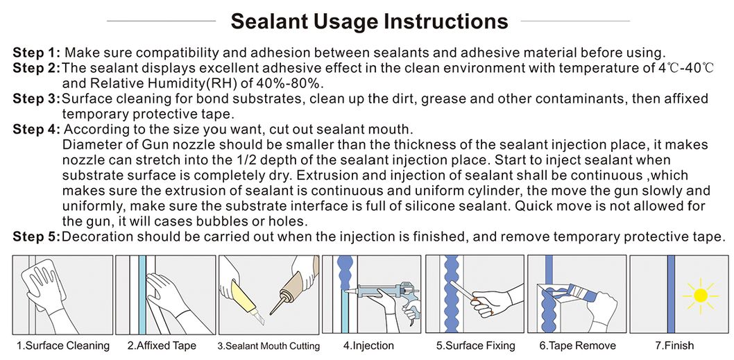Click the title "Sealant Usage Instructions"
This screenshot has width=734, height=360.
[369, 21]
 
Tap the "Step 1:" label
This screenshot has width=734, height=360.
[37, 53]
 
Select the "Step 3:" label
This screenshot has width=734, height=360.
[37, 98]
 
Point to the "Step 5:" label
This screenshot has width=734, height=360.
[37, 237]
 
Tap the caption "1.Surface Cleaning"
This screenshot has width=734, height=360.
[63, 345]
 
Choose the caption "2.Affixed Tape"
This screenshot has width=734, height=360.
[162, 345]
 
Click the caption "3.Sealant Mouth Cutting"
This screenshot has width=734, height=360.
[268, 346]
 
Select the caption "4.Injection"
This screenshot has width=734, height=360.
[368, 345]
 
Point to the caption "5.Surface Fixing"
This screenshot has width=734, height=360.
[475, 345]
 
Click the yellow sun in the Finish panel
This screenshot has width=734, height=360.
[699, 295]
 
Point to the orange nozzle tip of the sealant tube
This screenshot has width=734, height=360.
[280, 306]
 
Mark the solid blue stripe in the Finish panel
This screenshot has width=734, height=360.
[670, 295]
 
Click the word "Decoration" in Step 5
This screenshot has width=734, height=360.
[96, 237]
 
